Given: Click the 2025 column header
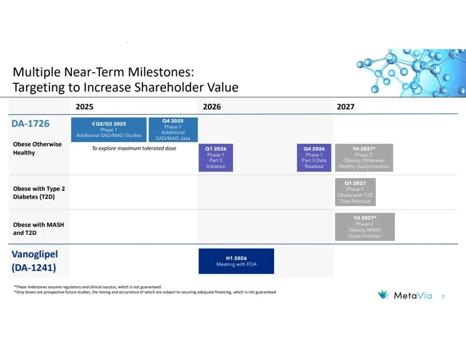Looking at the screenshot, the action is [x=85, y=107].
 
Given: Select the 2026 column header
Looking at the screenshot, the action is [x=212, y=107].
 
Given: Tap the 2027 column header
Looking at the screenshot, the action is [x=346, y=107].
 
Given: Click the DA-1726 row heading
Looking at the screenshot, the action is [x=30, y=123].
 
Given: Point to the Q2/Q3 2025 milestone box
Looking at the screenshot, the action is [x=109, y=129].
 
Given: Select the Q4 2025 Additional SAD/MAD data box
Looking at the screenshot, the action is [x=173, y=129].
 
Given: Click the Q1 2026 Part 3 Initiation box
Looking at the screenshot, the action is [x=216, y=158].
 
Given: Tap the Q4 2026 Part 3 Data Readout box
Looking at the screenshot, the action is [x=314, y=158].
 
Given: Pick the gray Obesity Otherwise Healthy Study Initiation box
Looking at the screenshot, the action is [x=364, y=158].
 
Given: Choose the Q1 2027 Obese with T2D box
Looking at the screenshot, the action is [x=355, y=192].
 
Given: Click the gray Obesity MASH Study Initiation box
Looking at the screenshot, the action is [x=365, y=227].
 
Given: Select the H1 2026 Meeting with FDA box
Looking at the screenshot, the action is [x=236, y=261].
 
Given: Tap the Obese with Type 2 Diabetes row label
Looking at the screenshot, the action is [x=39, y=193].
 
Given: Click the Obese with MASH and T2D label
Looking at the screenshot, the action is [x=38, y=229].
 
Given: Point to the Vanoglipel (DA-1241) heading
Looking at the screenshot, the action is [x=35, y=261].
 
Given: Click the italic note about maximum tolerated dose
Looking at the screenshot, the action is [x=134, y=148].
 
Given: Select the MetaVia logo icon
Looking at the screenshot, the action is [x=384, y=294].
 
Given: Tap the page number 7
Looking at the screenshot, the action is [x=443, y=297].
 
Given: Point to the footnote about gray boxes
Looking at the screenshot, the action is [x=145, y=292].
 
